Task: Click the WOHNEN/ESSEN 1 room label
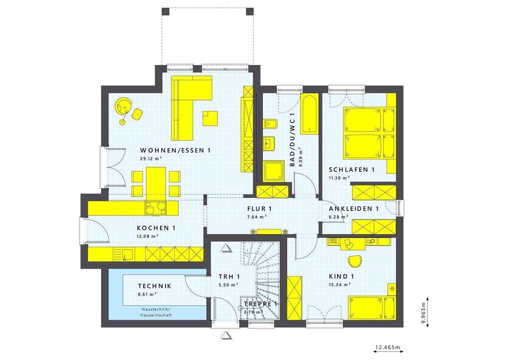tap(175, 150)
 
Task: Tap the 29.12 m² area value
tap(151, 159)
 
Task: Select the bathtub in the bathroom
tap(309, 114)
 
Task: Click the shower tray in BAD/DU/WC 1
tap(274, 171)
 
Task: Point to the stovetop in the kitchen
tap(156, 208)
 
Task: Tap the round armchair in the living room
tap(124, 105)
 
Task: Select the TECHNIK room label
tap(154, 286)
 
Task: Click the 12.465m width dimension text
tap(388, 348)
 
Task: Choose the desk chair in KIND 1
tap(355, 261)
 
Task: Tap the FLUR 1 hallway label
tap(259, 208)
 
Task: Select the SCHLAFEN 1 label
tap(351, 170)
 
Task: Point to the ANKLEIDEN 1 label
tap(353, 208)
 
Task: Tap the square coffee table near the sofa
tap(210, 118)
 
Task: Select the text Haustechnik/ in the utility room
tap(156, 309)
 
